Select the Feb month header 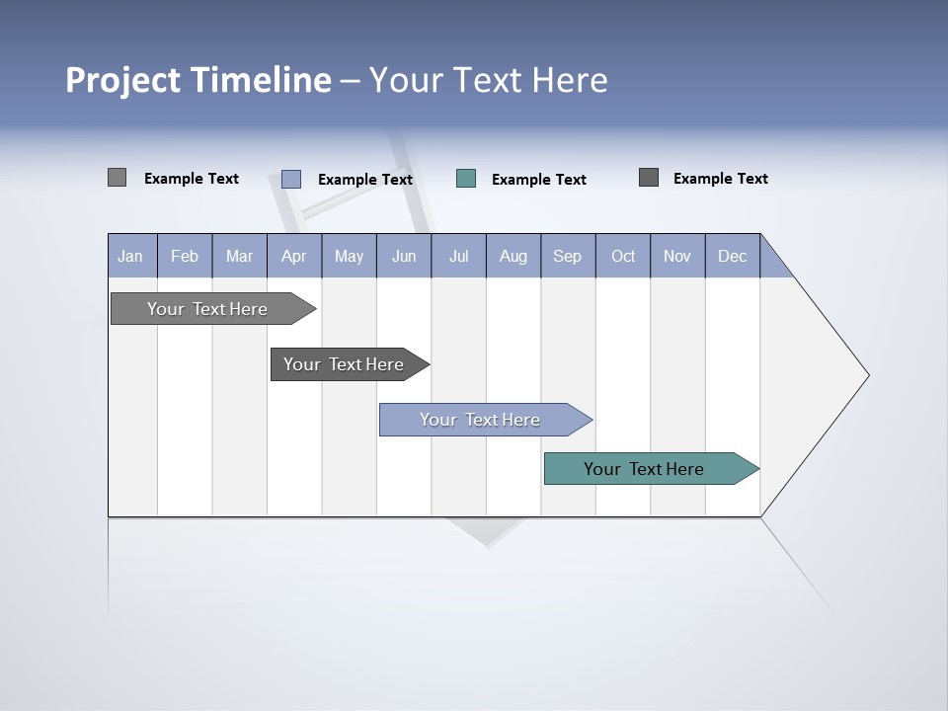pyautogui.click(x=185, y=256)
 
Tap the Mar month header pyautogui.click(x=239, y=256)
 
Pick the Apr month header pyautogui.click(x=294, y=256)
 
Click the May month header pyautogui.click(x=349, y=256)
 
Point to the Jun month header pyautogui.click(x=404, y=256)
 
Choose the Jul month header pyautogui.click(x=458, y=256)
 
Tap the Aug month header pyautogui.click(x=513, y=256)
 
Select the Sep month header pyautogui.click(x=568, y=256)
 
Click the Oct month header pyautogui.click(x=623, y=256)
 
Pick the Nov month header pyautogui.click(x=677, y=256)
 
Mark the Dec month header pyautogui.click(x=733, y=256)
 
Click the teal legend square pyautogui.click(x=466, y=179)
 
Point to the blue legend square pyautogui.click(x=291, y=179)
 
